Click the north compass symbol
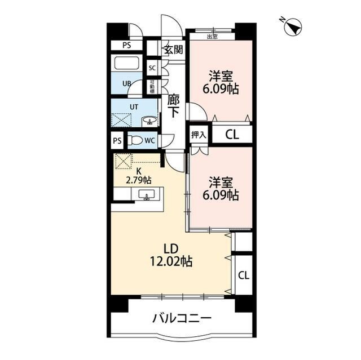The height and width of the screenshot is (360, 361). (293, 28)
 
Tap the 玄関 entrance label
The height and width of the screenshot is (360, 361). (174, 50)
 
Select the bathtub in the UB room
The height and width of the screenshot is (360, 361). (126, 63)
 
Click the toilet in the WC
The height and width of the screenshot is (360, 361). (135, 140)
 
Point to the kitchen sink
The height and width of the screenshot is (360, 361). (147, 195)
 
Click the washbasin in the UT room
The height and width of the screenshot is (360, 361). (149, 121)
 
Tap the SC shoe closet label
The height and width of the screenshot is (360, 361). (152, 68)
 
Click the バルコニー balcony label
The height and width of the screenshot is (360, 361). (182, 318)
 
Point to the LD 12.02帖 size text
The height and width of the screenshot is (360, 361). (171, 255)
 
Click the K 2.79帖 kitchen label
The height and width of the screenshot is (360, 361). (138, 176)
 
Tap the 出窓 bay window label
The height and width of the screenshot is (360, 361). (212, 37)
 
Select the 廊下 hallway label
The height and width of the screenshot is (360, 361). (174, 106)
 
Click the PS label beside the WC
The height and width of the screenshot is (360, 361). (117, 140)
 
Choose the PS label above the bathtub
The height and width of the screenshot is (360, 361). (126, 45)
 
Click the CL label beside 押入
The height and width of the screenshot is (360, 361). (232, 135)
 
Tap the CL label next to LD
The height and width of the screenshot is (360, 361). (244, 275)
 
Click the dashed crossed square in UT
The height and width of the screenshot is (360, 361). (121, 120)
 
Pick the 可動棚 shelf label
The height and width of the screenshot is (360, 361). (152, 87)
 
